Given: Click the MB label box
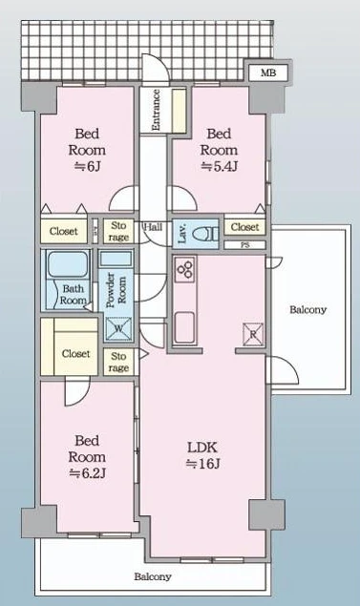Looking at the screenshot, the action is pos(268,73).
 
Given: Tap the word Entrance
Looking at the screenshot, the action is pos(156,110).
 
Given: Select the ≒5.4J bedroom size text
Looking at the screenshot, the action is pos(219,166).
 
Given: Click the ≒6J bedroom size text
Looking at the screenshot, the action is pos(88,166).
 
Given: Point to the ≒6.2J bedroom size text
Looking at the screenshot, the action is pos(88,473).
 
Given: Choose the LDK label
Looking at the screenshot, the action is pos(202,448).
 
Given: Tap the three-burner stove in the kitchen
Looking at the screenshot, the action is pos(184,268).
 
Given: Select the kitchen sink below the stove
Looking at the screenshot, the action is pos(184,327).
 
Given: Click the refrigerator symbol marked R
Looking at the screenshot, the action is pos(253,334).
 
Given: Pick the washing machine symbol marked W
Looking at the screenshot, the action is pos(118,329).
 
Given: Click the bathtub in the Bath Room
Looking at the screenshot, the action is pos(68,264).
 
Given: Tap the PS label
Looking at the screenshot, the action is pos(245,245).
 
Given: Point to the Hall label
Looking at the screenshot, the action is pos(153,227).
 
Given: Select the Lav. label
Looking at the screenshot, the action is pos(182,234).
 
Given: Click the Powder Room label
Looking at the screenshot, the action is pos(116,290).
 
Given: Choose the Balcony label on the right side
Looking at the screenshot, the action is pos(308,309).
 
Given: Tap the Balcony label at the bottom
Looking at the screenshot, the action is pos(153,576).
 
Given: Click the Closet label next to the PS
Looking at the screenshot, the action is pos(244,227).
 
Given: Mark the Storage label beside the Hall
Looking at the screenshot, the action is pos(118,231).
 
